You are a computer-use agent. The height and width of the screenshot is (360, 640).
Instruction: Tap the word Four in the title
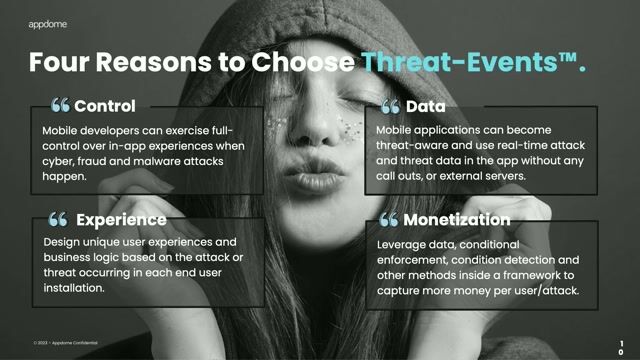[x=63, y=62]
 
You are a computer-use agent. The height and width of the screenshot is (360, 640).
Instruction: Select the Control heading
[x=105, y=105]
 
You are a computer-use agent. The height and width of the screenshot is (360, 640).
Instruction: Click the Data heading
[x=425, y=105]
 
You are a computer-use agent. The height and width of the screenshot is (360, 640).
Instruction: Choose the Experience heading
[x=121, y=219]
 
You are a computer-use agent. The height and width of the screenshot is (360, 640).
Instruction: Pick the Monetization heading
[x=457, y=219]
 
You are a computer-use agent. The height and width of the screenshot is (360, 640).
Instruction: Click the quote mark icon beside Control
[x=60, y=105]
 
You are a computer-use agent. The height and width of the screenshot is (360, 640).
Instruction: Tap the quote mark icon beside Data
[x=391, y=106]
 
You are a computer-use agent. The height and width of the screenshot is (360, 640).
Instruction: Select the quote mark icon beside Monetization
[x=389, y=220]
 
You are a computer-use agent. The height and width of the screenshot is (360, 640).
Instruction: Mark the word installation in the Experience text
[x=76, y=287]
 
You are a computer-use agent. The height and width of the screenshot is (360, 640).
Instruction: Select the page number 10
[x=621, y=346]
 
